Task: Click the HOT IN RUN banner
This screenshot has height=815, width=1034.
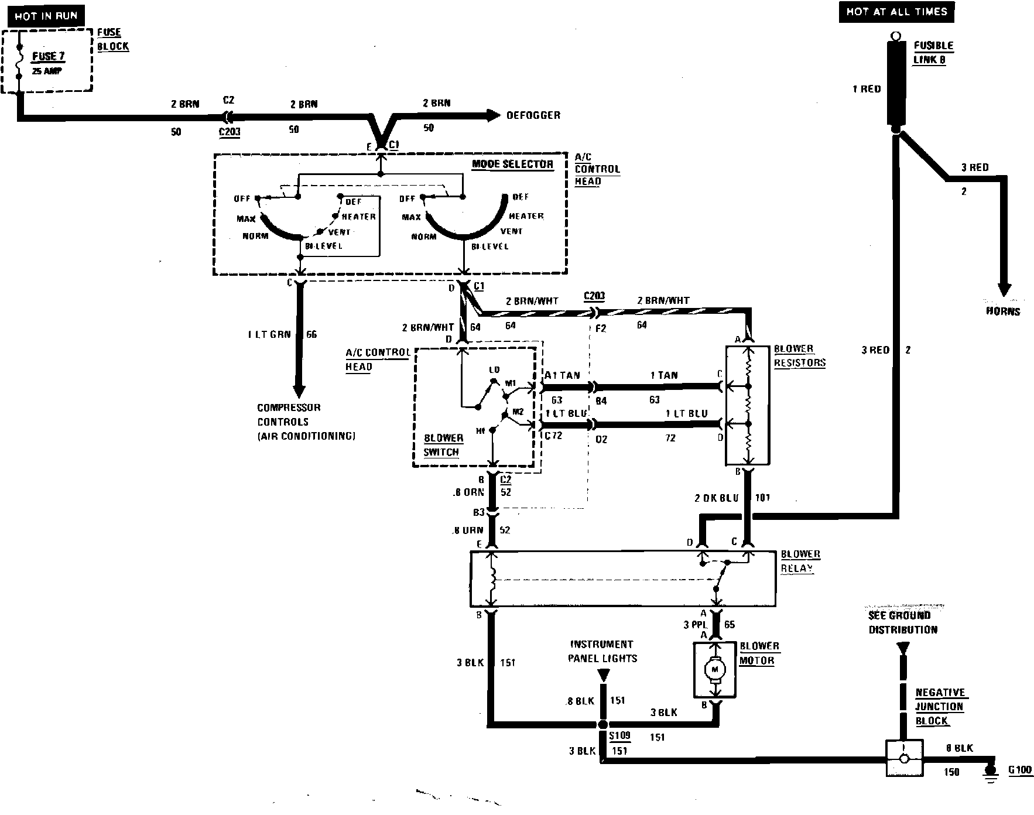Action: tap(46, 16)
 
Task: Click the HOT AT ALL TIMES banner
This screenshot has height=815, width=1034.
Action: tap(896, 12)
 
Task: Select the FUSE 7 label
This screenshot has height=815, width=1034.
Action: tap(48, 57)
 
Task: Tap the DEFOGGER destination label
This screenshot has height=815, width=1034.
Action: tap(533, 115)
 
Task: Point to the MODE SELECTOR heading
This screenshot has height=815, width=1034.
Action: tap(512, 164)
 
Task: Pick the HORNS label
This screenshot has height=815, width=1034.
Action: tap(1003, 311)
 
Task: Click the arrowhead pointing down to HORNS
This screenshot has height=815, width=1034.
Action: tap(1004, 290)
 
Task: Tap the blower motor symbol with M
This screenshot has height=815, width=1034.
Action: tap(714, 669)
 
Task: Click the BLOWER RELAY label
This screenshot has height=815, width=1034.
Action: tap(800, 561)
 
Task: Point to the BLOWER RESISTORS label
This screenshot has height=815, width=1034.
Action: tap(799, 355)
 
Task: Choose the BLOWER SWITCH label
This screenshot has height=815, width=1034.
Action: tap(443, 445)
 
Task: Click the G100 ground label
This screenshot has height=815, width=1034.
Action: tap(1020, 770)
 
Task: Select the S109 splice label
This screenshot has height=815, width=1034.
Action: tap(619, 736)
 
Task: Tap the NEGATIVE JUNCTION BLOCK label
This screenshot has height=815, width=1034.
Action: tap(939, 707)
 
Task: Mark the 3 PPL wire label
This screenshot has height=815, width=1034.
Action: tap(695, 625)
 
